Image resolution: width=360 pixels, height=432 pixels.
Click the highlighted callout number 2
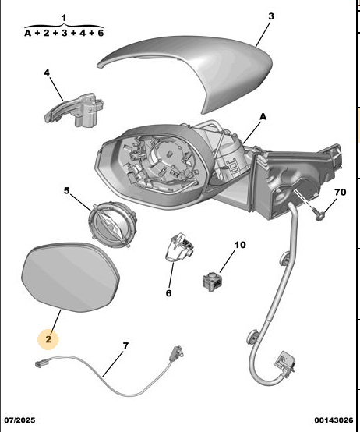point(48,339)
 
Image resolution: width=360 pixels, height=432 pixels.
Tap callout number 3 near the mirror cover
point(271,16)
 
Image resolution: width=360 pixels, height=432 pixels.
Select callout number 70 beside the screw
point(340,192)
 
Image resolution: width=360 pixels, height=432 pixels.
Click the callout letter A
point(263,117)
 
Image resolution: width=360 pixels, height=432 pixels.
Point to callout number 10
point(240,245)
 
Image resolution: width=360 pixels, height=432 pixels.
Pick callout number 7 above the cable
point(125,345)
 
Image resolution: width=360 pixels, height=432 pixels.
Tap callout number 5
point(66,190)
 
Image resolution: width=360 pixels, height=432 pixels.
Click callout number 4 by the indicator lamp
point(47,73)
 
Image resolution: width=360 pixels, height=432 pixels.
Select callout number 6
point(169,293)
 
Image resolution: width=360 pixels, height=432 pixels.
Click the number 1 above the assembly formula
point(64,18)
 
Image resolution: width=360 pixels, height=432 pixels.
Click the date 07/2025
point(19,420)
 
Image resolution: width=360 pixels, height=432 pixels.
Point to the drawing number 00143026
point(334,420)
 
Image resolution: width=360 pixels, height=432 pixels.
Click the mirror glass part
point(70,277)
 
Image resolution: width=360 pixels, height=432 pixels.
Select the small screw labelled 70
point(318,214)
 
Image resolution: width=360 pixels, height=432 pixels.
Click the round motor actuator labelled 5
point(113,224)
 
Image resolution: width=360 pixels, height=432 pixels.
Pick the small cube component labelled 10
point(213,281)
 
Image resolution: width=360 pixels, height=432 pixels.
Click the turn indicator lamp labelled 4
point(74,110)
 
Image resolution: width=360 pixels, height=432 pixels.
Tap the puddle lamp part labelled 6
point(179,247)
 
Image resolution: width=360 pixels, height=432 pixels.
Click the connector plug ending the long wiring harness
point(284,363)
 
